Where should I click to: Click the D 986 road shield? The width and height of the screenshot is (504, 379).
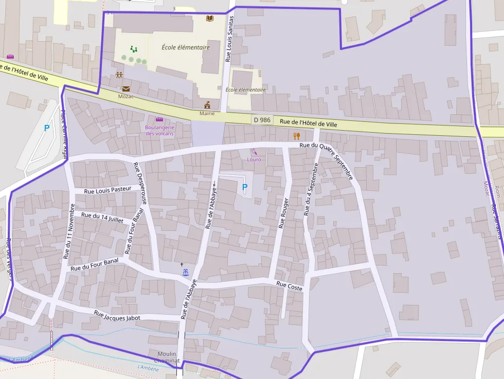point(262,120)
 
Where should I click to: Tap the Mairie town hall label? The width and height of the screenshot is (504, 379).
point(207,113)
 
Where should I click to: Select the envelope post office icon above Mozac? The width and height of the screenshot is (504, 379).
point(126,88)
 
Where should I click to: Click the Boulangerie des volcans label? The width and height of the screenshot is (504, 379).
point(160,130)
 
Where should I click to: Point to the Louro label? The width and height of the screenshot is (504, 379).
point(254,159)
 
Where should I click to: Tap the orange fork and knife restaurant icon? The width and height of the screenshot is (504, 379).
point(296,136)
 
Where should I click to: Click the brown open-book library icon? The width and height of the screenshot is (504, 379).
point(209,19)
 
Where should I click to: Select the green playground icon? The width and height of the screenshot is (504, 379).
point(134,49)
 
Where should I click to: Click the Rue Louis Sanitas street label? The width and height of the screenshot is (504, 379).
point(230,39)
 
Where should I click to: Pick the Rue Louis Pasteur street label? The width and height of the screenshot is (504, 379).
point(107,190)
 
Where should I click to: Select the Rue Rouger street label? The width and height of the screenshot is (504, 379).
point(283,213)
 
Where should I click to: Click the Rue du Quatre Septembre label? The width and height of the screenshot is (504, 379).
point(327,161)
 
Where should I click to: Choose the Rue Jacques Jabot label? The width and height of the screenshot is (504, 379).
point(117,316)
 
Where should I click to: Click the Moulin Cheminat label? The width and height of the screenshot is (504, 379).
point(167,357)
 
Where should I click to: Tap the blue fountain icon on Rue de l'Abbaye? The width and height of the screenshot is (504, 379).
point(185,273)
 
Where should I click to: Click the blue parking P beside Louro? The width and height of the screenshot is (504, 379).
point(245,188)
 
